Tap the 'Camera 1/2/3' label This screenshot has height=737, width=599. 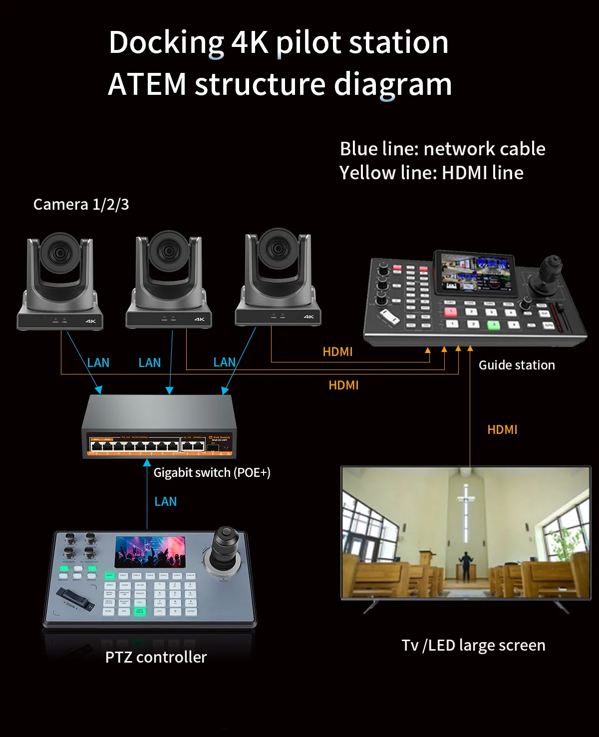pos(81,204)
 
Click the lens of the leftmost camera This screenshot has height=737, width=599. pos(60,253)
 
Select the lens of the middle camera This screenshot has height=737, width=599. pos(168,251)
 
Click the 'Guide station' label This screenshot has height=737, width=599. pos(517,365)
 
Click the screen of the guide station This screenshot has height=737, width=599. pos(476,274)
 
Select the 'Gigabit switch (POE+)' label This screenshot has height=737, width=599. pos(212,472)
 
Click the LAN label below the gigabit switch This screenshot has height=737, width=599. pos(165,501)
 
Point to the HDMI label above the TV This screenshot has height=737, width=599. pos(502,429)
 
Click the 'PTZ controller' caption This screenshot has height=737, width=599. pos(156,657)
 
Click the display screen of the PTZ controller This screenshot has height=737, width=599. pos(150,552)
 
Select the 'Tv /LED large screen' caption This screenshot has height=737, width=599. pos(473,645)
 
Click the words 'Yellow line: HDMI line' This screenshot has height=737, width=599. pos(431,173)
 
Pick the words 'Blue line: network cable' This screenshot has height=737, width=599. pos(442,149)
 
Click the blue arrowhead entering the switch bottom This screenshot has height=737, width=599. pos(147,463)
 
